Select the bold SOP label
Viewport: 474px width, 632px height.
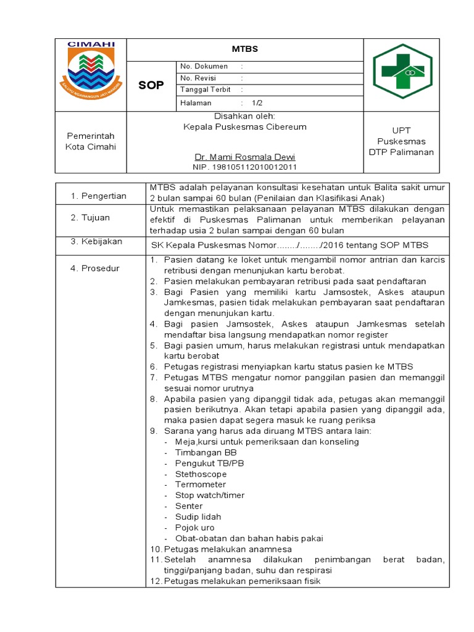coord(151,85)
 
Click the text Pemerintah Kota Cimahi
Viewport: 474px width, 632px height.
coord(90,141)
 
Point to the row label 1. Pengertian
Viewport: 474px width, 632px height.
coord(98,196)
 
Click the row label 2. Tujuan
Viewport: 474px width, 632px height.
coord(91,218)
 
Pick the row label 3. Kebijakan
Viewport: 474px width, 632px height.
coord(96,241)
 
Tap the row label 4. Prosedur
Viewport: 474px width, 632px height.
coord(95,268)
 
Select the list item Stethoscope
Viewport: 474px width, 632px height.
coord(201,474)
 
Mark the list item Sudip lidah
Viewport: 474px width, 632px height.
coord(197,517)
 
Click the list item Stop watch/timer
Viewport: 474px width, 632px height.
coord(210,495)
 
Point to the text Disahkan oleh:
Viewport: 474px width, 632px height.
coord(244,117)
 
